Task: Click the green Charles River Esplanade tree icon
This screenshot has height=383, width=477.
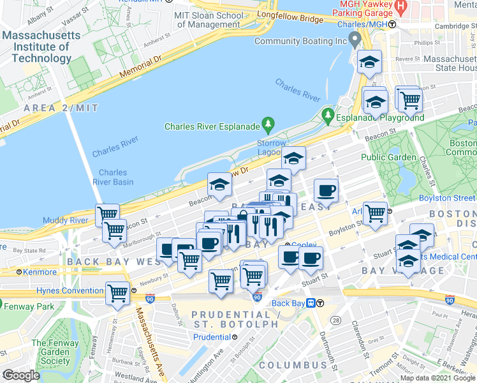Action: [269, 123]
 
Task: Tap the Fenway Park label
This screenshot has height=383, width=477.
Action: [31, 306]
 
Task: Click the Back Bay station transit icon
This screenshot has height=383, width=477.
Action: [311, 303]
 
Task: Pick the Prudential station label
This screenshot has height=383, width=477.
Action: [211, 337]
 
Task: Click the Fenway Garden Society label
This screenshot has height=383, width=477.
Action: [55, 352]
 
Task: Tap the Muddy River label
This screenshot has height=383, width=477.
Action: [64, 221]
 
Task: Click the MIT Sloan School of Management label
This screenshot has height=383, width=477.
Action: [209, 19]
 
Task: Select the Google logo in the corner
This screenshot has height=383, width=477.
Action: [21, 375]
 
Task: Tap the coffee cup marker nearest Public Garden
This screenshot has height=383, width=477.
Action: [326, 190]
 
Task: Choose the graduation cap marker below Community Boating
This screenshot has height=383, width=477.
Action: [369, 63]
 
